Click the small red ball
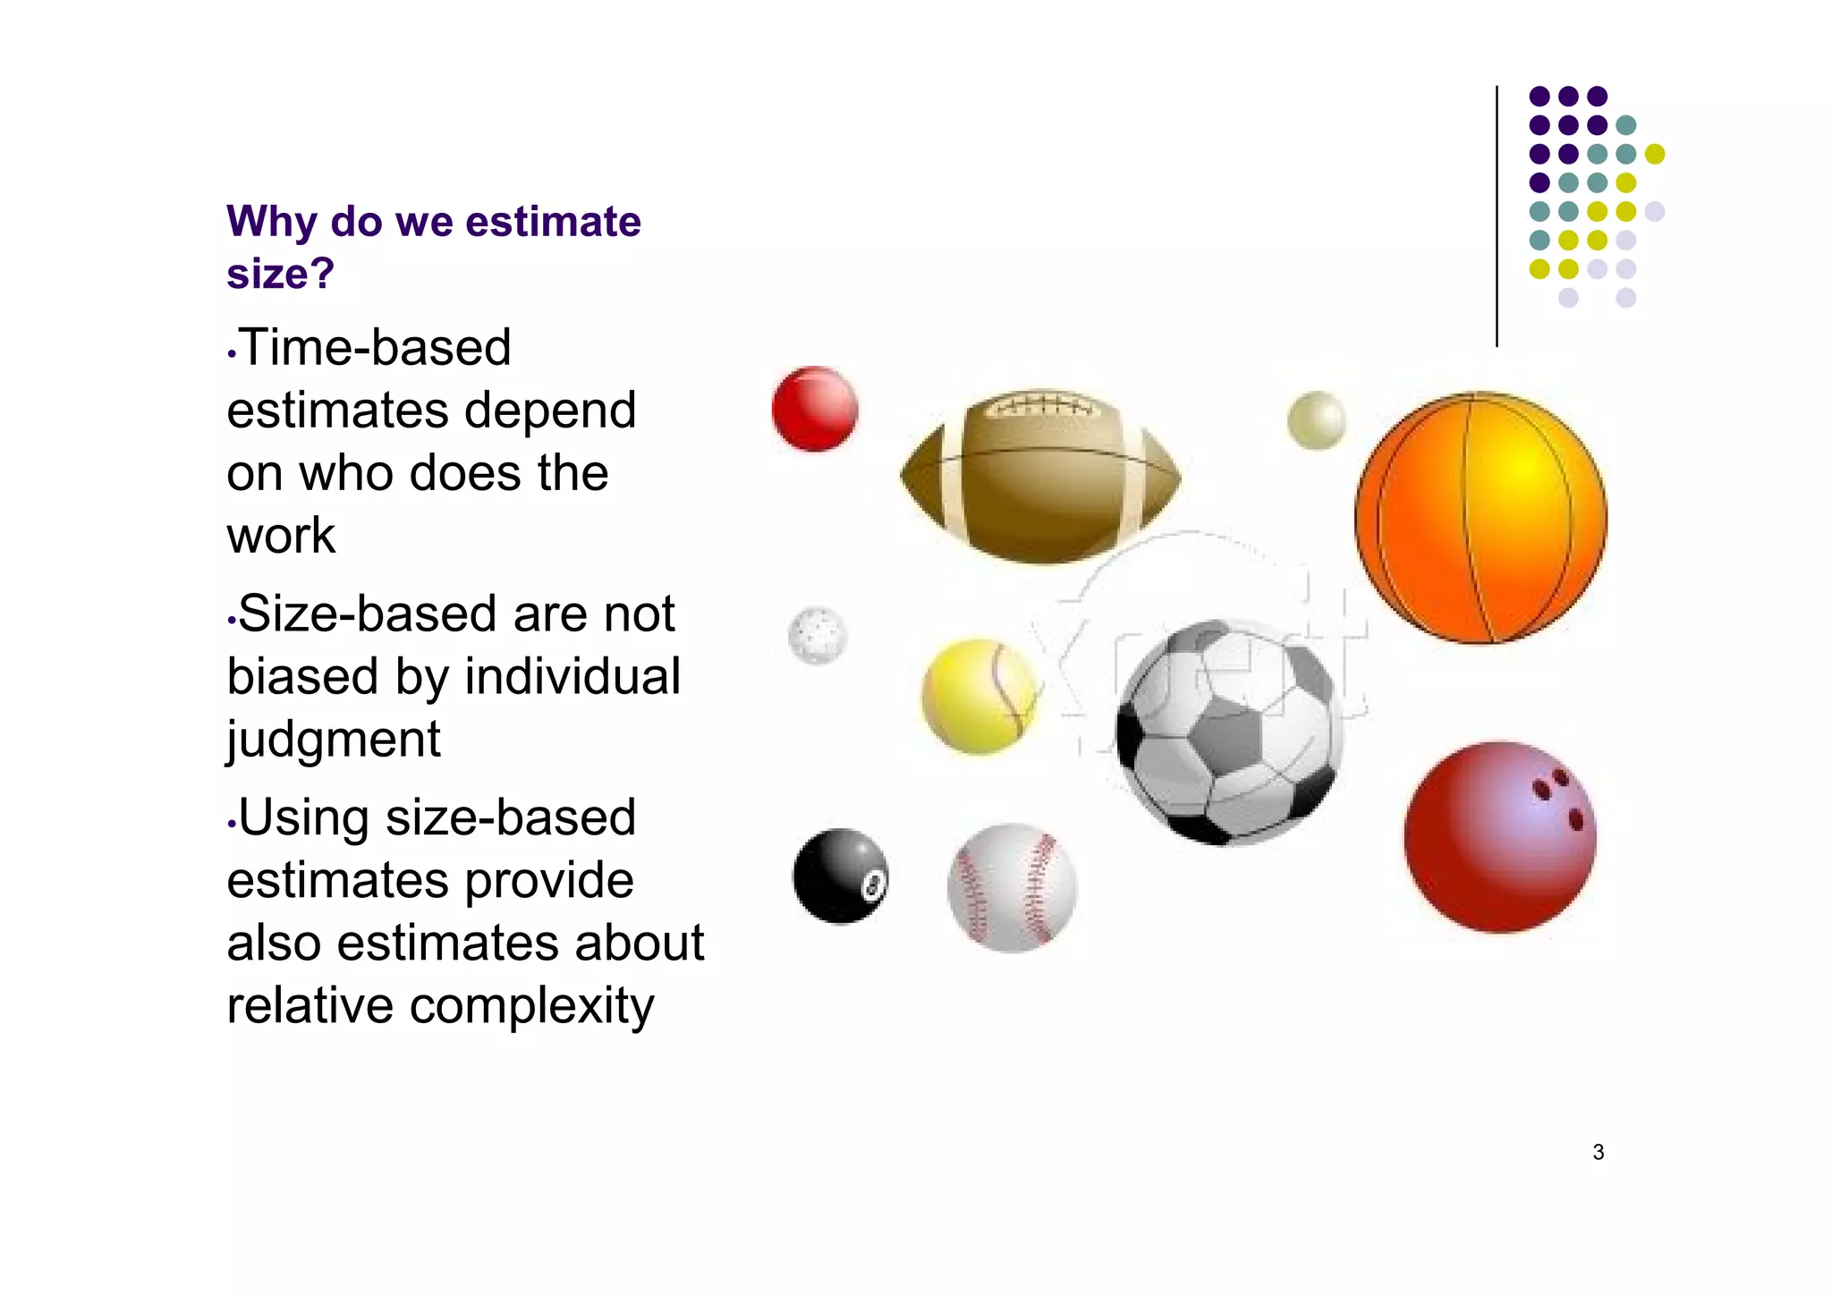pyautogui.click(x=814, y=409)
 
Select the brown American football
pyautogui.click(x=1039, y=478)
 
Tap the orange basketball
pyautogui.click(x=1480, y=517)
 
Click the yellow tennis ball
pyautogui.click(x=980, y=696)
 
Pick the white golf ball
pyautogui.click(x=817, y=635)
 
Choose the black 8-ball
pyautogui.click(x=840, y=876)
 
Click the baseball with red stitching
pyautogui.click(x=1012, y=887)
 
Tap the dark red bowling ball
pyautogui.click(x=1499, y=837)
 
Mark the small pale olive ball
pyautogui.click(x=1316, y=419)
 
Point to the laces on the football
pyautogui.click(x=1039, y=407)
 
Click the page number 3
pyautogui.click(x=1598, y=1152)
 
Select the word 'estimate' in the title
pyautogui.click(x=553, y=221)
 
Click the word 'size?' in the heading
pyautogui.click(x=280, y=273)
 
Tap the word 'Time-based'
pyautogui.click(x=375, y=347)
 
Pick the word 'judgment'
pyautogui.click(x=333, y=740)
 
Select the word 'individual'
pyautogui.click(x=572, y=676)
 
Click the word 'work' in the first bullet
pyautogui.click(x=281, y=536)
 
